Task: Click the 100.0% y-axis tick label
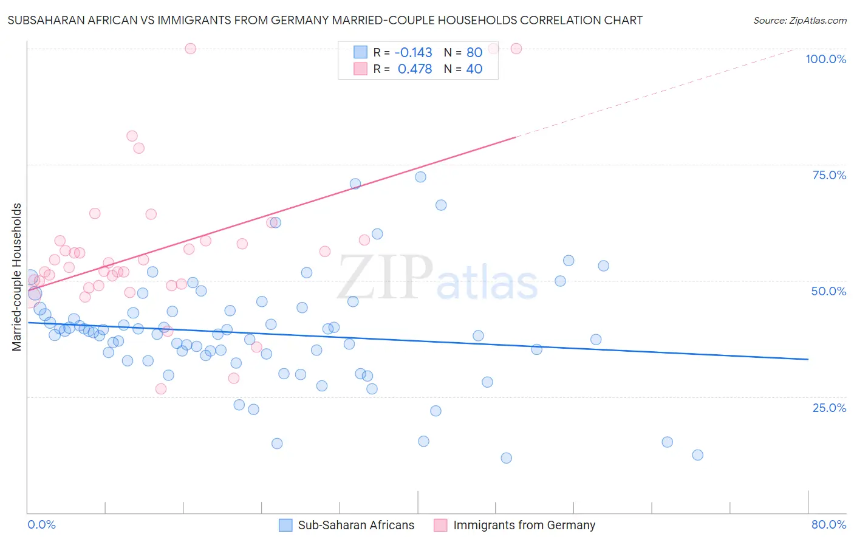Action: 825,59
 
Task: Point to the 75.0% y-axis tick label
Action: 829,175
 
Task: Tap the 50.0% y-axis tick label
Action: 828,291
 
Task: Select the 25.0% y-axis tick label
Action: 829,407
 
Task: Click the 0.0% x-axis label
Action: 41,524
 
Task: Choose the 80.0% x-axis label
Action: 828,524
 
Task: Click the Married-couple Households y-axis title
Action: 17,276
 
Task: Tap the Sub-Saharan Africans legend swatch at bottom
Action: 285,525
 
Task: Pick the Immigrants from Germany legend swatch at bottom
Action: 440,525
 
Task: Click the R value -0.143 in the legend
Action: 413,52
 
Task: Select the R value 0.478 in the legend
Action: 414,69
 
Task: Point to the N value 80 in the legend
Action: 474,52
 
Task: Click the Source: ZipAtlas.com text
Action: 799,20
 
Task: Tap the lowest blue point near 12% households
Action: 506,458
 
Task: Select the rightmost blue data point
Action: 697,455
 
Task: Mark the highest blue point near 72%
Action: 420,177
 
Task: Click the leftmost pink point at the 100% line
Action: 190,49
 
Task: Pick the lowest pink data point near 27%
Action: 161,389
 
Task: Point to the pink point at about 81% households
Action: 132,136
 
